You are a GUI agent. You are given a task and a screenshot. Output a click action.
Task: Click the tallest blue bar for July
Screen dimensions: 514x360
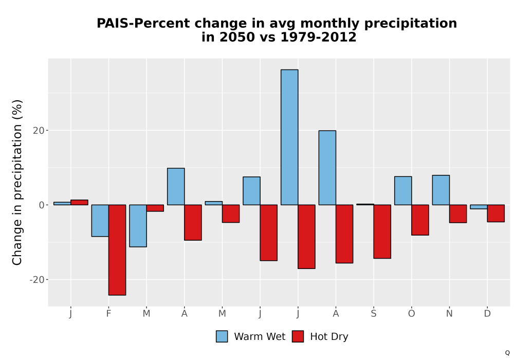coord(289,137)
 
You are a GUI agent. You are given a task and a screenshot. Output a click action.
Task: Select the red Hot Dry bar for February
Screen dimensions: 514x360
coord(117,250)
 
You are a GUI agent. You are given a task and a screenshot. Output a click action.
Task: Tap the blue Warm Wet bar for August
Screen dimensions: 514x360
coord(327,168)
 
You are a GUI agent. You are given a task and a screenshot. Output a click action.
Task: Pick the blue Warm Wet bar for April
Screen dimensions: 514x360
coord(176,187)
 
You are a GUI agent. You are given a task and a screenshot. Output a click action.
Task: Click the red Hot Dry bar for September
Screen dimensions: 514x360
coord(382,231)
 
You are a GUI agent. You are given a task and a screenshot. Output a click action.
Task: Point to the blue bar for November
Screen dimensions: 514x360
coord(441,190)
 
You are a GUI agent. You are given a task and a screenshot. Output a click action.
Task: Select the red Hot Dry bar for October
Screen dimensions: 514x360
coord(420,220)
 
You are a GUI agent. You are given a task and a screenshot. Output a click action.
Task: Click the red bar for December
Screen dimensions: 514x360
coord(496,213)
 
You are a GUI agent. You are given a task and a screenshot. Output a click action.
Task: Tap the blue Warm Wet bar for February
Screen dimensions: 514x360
coord(100,221)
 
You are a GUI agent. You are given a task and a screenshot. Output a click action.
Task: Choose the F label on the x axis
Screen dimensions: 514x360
coord(108,314)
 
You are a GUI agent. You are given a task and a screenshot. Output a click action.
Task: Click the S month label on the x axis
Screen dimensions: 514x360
coord(373,314)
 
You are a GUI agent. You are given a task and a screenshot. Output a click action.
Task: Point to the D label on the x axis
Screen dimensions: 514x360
coord(487,314)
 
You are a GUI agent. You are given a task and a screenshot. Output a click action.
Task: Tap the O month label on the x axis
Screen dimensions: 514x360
coord(411,314)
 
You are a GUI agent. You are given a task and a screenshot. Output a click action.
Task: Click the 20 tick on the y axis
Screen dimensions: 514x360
coord(39,131)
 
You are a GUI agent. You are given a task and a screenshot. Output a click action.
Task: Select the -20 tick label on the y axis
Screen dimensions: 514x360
coord(36,280)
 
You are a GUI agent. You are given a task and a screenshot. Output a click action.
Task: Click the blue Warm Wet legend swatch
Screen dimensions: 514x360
coord(222,336)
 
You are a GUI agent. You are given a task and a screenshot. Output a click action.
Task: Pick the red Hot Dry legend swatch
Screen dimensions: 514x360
coord(298,336)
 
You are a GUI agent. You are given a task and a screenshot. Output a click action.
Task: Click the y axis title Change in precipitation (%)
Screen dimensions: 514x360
coord(17,182)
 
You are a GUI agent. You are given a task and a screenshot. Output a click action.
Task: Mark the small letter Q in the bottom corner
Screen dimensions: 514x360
coord(507,353)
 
